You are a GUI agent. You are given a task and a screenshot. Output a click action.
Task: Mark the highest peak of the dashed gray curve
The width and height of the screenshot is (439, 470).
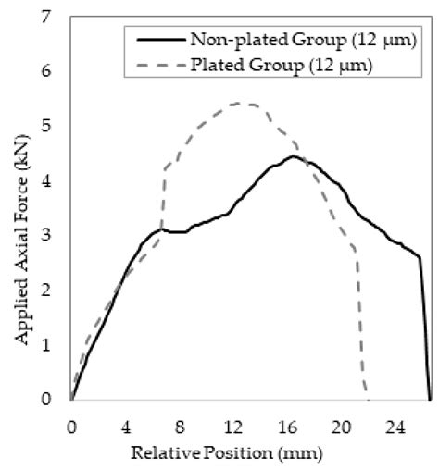coord(245,103)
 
